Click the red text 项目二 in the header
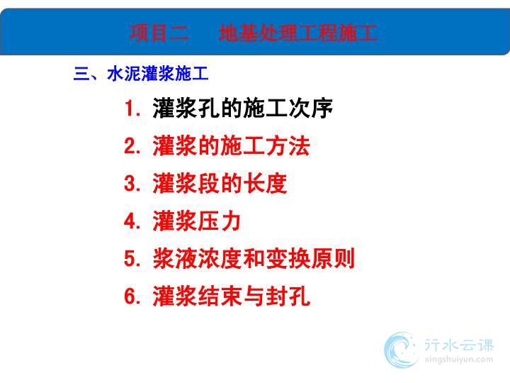(159, 33)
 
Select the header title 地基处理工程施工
(298, 33)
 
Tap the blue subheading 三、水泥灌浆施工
(141, 73)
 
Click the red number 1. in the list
(132, 108)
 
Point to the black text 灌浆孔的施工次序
(243, 108)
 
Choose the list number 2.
(132, 145)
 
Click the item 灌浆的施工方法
(231, 145)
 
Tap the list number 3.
(132, 183)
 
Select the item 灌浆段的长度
(220, 183)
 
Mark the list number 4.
(132, 221)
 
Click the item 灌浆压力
(197, 221)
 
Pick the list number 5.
(132, 259)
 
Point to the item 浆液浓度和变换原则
(254, 259)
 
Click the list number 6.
(132, 296)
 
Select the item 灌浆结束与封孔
(231, 296)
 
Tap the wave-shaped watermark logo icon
(401, 350)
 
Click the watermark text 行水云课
(459, 345)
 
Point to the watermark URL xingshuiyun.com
(459, 360)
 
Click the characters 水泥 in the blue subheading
(124, 73)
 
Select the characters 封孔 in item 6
(288, 296)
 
